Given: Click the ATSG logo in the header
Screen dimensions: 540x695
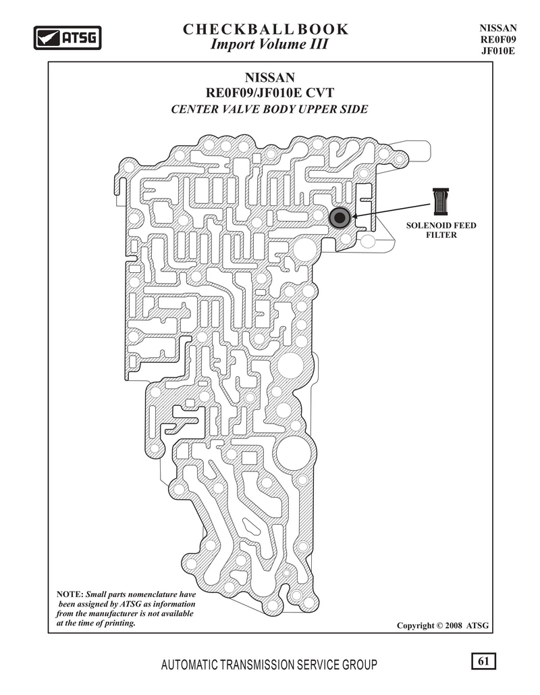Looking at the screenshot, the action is (67, 38).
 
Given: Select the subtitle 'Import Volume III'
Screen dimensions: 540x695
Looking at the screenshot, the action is (269, 45).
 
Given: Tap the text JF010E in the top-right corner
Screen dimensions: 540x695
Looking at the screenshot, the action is (498, 51).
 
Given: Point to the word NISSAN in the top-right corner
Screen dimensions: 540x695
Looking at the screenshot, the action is (498, 28).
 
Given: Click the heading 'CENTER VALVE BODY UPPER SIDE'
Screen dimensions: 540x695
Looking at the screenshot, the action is (269, 109).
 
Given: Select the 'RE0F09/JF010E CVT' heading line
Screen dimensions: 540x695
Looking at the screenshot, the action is (270, 93).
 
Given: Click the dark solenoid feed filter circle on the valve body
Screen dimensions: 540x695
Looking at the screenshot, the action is (340, 217).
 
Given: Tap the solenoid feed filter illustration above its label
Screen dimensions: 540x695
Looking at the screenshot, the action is (441, 201).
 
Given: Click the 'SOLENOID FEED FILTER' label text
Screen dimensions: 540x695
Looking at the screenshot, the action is (441, 230).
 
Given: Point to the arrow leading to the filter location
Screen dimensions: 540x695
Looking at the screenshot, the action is (391, 211).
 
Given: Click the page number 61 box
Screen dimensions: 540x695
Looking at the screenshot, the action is (483, 661).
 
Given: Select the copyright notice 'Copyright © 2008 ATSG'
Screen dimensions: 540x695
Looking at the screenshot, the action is (443, 625).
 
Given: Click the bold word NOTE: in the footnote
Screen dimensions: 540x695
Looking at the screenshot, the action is (70, 594).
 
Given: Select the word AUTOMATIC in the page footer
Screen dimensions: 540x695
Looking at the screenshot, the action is (189, 665).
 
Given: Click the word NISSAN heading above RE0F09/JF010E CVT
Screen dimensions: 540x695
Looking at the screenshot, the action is (270, 78).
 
